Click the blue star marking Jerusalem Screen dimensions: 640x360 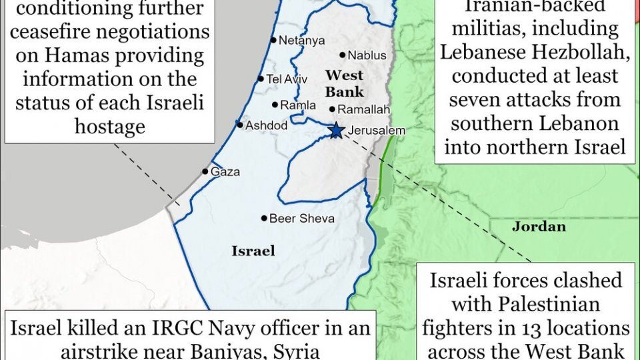[x=337, y=130]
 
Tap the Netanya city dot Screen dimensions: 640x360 [x=273, y=40]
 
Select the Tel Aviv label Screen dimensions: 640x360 [x=287, y=79]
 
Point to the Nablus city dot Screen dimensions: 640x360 [x=343, y=55]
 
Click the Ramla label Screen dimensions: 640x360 [x=297, y=105]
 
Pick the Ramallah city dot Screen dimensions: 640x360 [x=332, y=109]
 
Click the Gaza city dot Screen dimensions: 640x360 [x=205, y=171]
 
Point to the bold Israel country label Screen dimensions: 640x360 [x=253, y=251]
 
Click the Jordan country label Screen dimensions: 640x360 [x=539, y=227]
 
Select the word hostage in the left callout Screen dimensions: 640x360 [x=110, y=127]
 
